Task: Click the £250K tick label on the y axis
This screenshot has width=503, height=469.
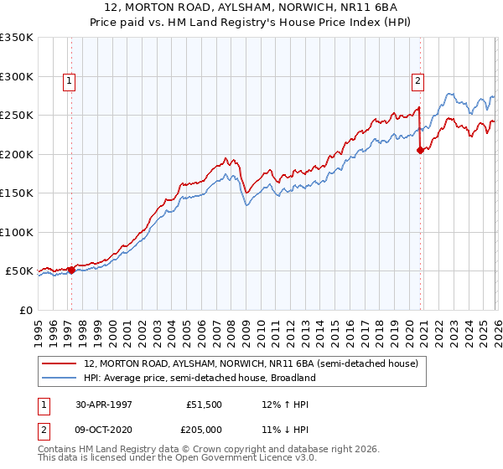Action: pyautogui.click(x=17, y=116)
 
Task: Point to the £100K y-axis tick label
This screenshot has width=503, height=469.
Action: pyautogui.click(x=17, y=232)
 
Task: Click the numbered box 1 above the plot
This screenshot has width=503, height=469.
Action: pyautogui.click(x=69, y=81)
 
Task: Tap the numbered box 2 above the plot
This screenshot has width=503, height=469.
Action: pyautogui.click(x=417, y=81)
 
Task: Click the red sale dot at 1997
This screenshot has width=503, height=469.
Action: pyautogui.click(x=72, y=270)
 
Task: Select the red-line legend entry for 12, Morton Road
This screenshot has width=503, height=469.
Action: pyautogui.click(x=257, y=364)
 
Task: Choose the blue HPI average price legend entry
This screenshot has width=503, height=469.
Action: pyautogui.click(x=200, y=378)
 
